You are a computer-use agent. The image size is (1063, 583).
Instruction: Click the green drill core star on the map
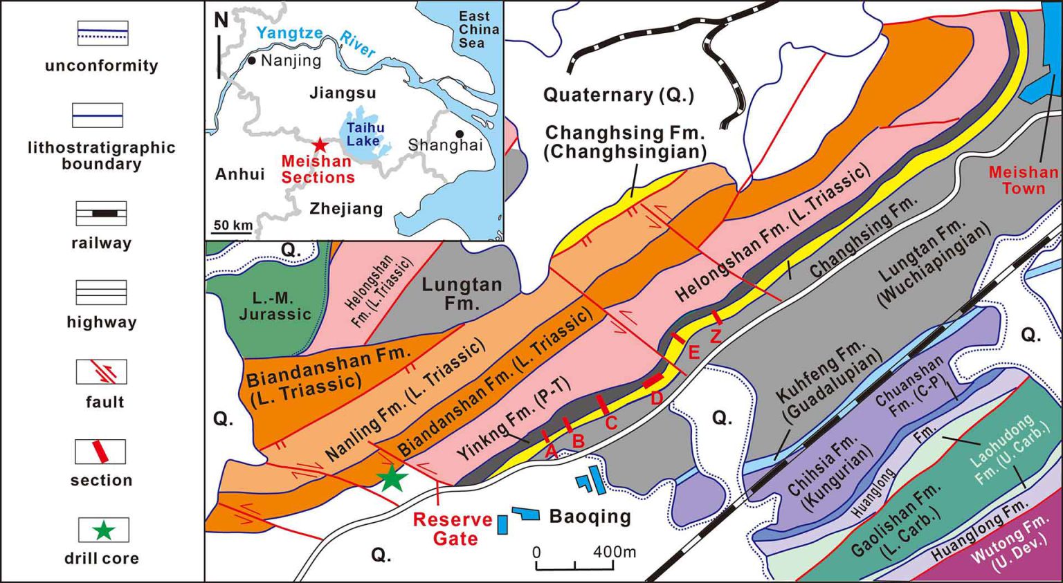[392, 478]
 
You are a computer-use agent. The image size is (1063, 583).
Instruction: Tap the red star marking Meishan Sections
[320, 145]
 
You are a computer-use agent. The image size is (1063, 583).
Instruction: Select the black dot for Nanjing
[252, 61]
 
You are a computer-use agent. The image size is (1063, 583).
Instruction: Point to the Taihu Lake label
[365, 134]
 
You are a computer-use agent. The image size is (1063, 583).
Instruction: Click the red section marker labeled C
[603, 405]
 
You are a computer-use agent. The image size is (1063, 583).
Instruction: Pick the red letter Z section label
[716, 336]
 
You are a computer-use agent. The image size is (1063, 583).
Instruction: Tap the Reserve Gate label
[453, 529]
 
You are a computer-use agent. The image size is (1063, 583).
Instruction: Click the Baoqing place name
[590, 517]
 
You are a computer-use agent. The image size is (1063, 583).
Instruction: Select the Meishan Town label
[1023, 180]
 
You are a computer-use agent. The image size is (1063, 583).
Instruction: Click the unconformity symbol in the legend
[102, 33]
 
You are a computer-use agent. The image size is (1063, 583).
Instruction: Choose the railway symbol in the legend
[102, 214]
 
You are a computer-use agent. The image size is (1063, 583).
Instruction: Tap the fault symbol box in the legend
[102, 372]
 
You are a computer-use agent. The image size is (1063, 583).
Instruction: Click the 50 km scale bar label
[233, 225]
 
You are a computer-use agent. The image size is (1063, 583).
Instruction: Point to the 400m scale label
[614, 552]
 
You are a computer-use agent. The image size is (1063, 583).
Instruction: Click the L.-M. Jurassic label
[275, 306]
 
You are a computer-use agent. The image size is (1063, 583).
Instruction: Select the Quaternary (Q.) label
[618, 95]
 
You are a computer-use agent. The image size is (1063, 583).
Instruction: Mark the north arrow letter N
[221, 20]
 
